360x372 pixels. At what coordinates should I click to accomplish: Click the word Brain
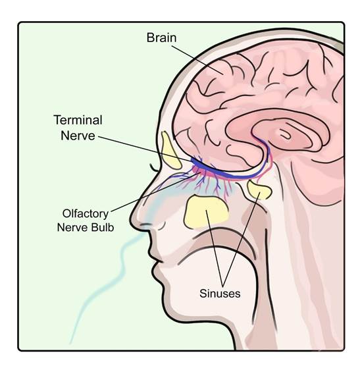click(x=161, y=38)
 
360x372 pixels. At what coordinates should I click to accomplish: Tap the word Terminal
click(x=78, y=120)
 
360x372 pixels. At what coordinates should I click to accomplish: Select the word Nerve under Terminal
click(x=78, y=136)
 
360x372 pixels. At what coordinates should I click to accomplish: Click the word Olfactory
click(x=86, y=213)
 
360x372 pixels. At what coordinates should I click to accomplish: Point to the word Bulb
click(x=104, y=227)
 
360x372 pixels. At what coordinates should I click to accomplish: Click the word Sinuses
click(x=220, y=294)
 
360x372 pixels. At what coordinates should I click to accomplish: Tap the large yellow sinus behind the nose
click(x=205, y=212)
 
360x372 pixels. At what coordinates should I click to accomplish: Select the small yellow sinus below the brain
click(x=259, y=189)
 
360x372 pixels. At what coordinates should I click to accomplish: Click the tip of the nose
click(x=132, y=217)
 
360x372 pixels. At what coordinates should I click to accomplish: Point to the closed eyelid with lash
click(x=155, y=168)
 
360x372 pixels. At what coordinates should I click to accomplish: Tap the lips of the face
click(x=155, y=259)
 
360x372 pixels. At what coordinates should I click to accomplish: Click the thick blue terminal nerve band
click(x=228, y=175)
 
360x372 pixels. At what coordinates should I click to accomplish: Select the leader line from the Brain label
click(x=197, y=60)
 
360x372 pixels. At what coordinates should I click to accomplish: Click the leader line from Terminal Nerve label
click(x=145, y=149)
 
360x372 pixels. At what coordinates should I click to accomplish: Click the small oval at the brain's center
click(x=284, y=134)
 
